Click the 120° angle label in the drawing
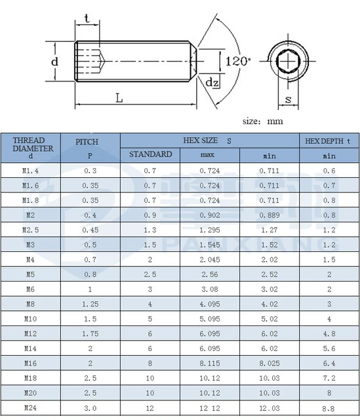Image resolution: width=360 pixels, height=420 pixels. [x=238, y=61]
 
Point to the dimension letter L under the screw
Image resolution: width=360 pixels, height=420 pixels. [x=119, y=98]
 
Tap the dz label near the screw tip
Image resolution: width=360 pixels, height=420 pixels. [x=212, y=83]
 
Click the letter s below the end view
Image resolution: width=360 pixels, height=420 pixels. [x=288, y=100]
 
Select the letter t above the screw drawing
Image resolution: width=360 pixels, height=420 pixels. [x=87, y=19]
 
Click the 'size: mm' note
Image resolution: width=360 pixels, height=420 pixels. [x=262, y=121]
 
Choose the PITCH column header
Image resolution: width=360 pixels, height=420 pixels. [x=90, y=148]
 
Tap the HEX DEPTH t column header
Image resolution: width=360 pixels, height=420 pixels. [x=329, y=140]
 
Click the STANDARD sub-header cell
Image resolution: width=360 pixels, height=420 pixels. [x=150, y=155]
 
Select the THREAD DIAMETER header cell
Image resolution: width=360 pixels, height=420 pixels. [x=30, y=148]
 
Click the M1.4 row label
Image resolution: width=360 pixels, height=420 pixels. [x=30, y=171]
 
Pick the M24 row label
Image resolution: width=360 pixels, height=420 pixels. [x=30, y=409]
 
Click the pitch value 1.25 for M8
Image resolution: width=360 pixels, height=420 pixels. [x=90, y=304]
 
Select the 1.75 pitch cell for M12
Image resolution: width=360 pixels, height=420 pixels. [x=90, y=334]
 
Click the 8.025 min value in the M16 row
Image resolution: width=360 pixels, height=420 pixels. [x=270, y=364]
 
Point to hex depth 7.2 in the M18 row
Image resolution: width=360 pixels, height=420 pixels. [x=329, y=379]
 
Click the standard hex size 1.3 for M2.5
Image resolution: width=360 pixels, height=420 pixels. [x=150, y=230]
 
